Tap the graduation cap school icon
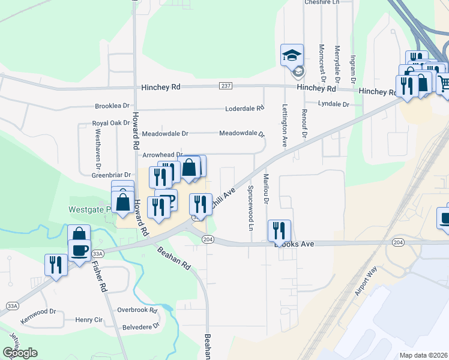pos(292,56)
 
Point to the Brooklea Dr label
pos(112,106)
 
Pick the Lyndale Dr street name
pos(333,104)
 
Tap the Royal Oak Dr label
pos(111,123)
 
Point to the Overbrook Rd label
pos(137,310)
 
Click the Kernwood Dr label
pos(38,312)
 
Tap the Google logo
pos(20,353)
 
